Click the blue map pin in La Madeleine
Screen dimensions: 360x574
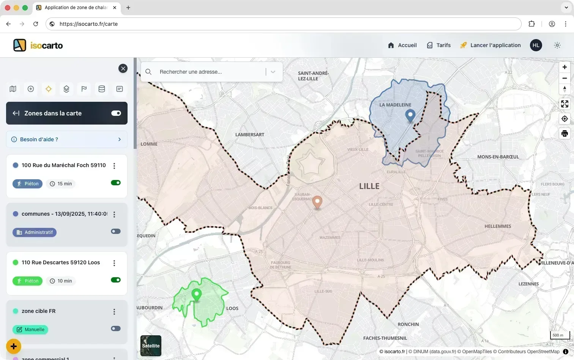tap(410, 115)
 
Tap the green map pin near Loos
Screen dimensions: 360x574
tap(196, 294)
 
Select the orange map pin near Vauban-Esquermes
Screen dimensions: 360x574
tap(317, 202)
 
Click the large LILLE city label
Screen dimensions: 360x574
tap(369, 186)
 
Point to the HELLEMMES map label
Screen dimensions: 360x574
tap(497, 226)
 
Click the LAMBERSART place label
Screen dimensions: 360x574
tap(249, 135)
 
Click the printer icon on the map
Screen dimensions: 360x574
tap(565, 134)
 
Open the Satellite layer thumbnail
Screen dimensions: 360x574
tap(151, 346)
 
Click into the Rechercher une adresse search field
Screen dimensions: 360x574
tap(211, 72)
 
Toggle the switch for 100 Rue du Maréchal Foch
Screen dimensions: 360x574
tap(116, 183)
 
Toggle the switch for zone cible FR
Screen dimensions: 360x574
tap(116, 328)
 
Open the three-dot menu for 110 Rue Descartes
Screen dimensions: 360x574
tap(114, 263)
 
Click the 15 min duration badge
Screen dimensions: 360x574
tap(61, 184)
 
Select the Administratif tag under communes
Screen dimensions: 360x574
tap(35, 232)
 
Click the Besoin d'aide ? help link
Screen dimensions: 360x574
tap(67, 139)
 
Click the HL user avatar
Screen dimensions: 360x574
tap(536, 45)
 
